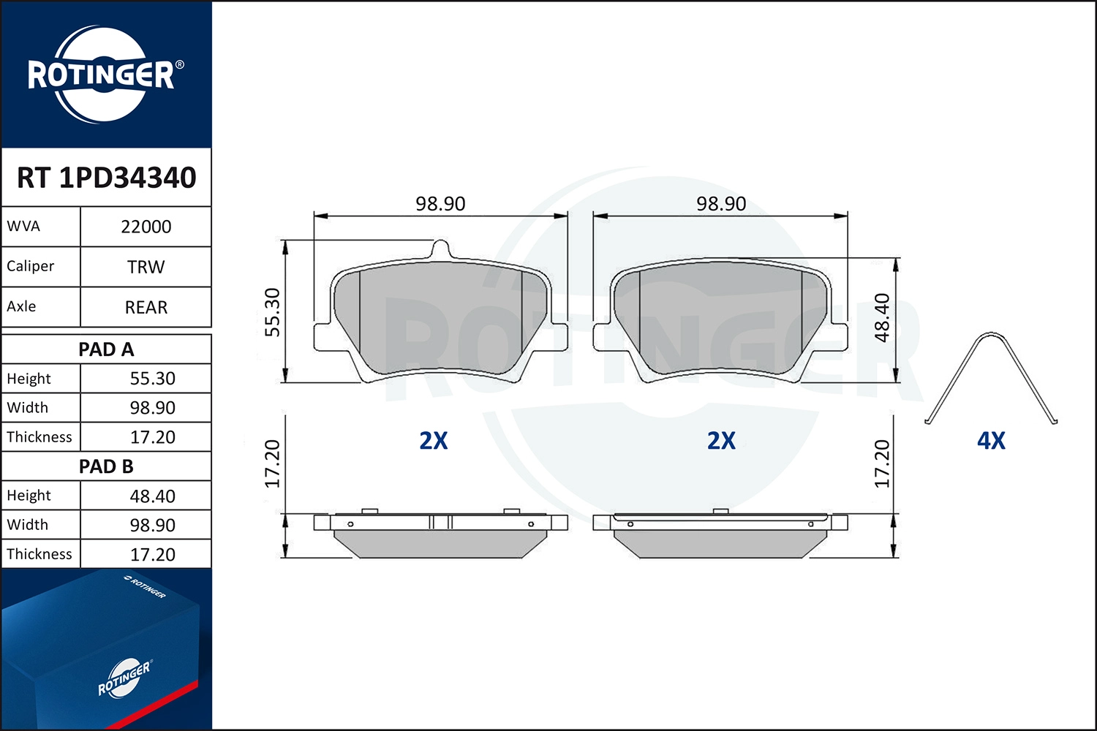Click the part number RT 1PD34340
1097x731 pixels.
(x=107, y=178)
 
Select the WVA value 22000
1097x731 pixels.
(x=146, y=227)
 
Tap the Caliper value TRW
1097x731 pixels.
(x=146, y=267)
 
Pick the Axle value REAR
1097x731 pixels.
(x=146, y=307)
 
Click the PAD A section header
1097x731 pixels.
(x=106, y=349)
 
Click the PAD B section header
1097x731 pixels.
(x=106, y=466)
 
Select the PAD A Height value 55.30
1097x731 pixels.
(x=152, y=379)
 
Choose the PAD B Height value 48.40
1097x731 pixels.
(x=152, y=496)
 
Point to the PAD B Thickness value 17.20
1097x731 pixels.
(x=152, y=554)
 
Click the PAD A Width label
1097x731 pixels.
(x=28, y=407)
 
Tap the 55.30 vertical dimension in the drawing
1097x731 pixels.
(x=272, y=312)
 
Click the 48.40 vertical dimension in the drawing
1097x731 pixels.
(x=882, y=317)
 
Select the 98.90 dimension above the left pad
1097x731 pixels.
(x=440, y=204)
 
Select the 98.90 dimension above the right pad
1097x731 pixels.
(x=721, y=204)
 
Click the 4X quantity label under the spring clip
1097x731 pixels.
(x=991, y=441)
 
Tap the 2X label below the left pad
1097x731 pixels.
(x=433, y=441)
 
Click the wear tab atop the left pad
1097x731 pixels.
(x=441, y=249)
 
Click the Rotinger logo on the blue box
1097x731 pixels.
(x=124, y=678)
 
